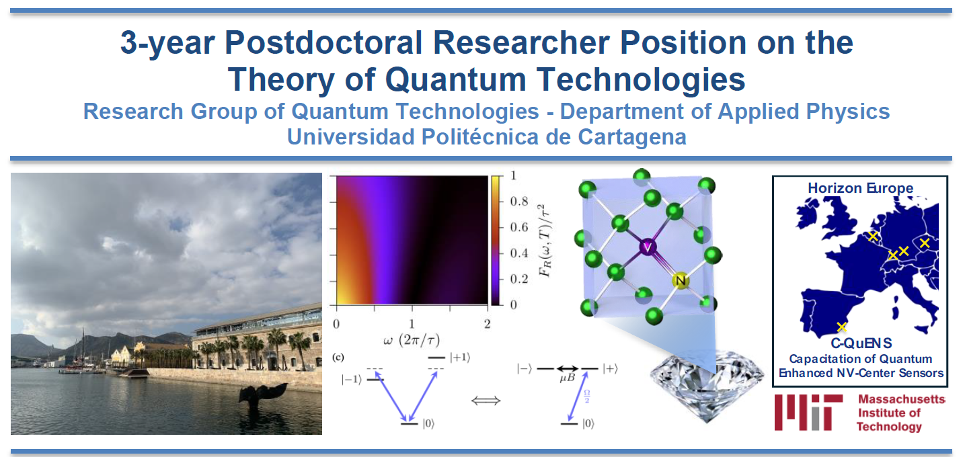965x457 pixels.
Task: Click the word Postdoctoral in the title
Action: pyautogui.click(x=323, y=43)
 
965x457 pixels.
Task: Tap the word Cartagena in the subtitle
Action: pyautogui.click(x=632, y=137)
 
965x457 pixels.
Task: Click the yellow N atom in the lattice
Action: pyautogui.click(x=681, y=281)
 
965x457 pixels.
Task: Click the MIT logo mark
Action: pyautogui.click(x=808, y=412)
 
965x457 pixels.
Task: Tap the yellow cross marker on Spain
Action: pyautogui.click(x=841, y=327)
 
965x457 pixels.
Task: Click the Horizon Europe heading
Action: pyautogui.click(x=860, y=188)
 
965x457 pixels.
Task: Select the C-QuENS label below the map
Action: pyautogui.click(x=861, y=343)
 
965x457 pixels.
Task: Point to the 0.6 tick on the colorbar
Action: pyautogui.click(x=519, y=227)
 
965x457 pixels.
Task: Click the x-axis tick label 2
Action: pyautogui.click(x=488, y=324)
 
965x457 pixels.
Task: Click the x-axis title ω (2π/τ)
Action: pyautogui.click(x=412, y=341)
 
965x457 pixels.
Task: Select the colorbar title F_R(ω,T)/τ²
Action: pyautogui.click(x=545, y=241)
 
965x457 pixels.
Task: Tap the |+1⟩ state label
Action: pyautogui.click(x=460, y=358)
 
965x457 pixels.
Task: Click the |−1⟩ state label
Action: pyautogui.click(x=352, y=380)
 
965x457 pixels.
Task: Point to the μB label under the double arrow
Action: pyautogui.click(x=568, y=378)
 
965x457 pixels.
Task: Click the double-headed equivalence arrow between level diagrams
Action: pyautogui.click(x=486, y=401)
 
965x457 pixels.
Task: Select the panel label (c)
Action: pyautogui.click(x=338, y=357)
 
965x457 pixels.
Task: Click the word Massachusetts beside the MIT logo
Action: pyautogui.click(x=901, y=399)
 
